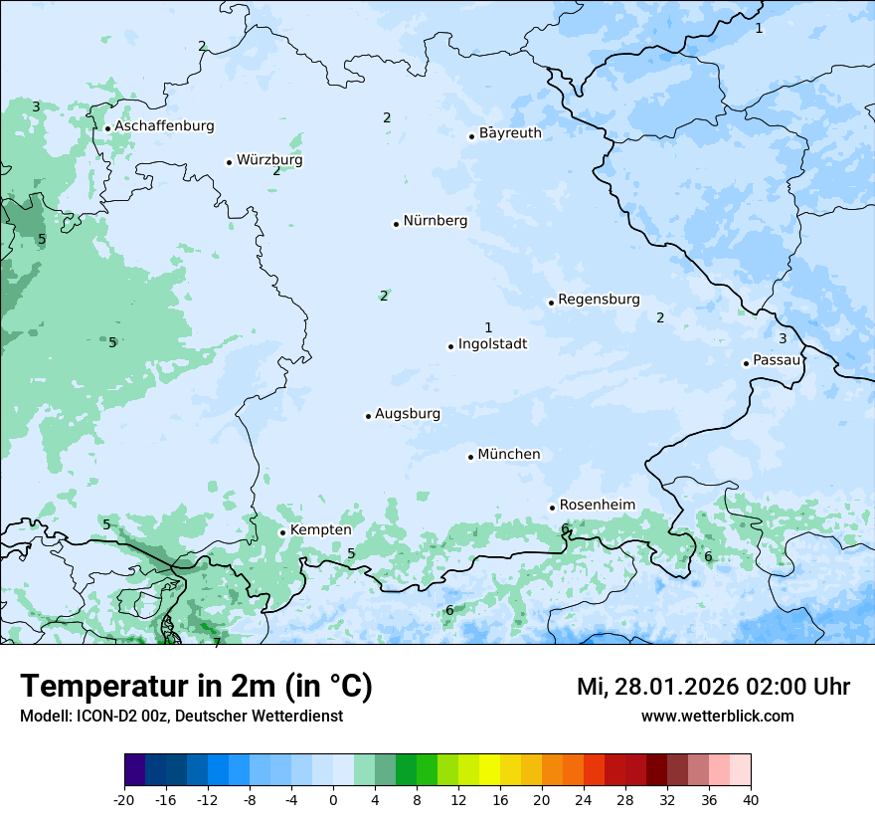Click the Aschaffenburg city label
(x=164, y=126)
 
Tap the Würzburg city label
(x=269, y=160)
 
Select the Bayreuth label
(x=510, y=133)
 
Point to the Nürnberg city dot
(x=396, y=224)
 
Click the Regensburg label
(x=599, y=300)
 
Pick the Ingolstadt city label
(x=492, y=344)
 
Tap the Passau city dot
(x=746, y=363)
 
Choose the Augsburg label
(x=408, y=414)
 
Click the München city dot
(x=470, y=457)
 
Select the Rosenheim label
(x=597, y=506)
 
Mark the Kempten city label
(x=320, y=530)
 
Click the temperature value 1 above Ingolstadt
(x=488, y=327)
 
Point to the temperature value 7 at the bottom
(x=217, y=642)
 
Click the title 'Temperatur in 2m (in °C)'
(x=196, y=687)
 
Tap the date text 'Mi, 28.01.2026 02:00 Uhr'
(x=713, y=687)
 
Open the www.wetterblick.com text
(x=717, y=716)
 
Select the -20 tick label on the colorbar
(x=124, y=800)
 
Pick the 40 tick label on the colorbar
(x=751, y=800)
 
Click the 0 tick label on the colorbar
(x=333, y=800)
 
